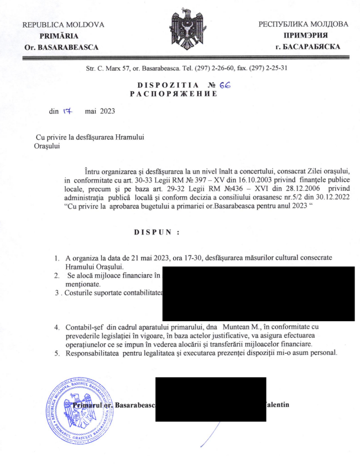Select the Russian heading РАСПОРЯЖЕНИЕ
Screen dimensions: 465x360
tap(173, 94)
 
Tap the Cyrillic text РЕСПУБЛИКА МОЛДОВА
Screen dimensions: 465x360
tap(303, 24)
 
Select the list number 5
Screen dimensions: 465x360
tap(57, 353)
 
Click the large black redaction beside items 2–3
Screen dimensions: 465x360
tap(258, 293)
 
